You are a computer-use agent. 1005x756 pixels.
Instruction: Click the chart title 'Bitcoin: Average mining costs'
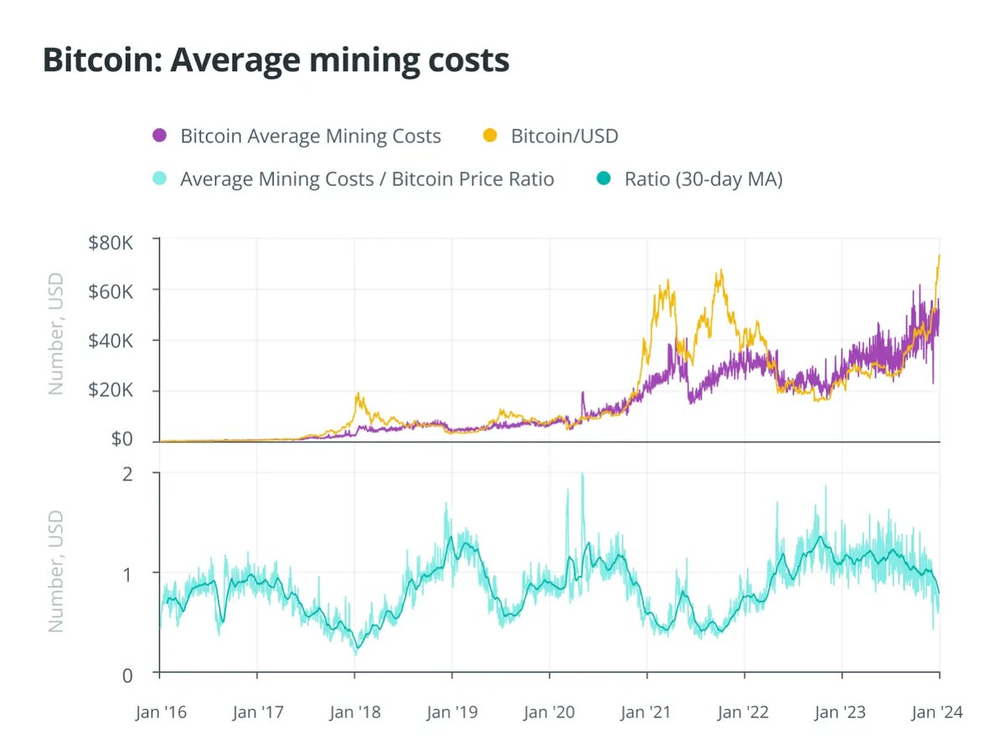pyautogui.click(x=276, y=60)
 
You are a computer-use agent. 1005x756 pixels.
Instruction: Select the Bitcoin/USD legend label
pyautogui.click(x=564, y=136)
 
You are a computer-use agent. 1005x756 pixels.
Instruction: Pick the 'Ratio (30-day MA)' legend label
pyautogui.click(x=703, y=178)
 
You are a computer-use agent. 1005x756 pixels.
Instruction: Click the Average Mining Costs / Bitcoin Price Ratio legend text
pyautogui.click(x=367, y=178)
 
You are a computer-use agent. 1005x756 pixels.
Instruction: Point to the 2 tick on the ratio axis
pyautogui.click(x=128, y=474)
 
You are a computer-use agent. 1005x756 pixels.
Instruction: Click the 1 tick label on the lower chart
pyautogui.click(x=128, y=573)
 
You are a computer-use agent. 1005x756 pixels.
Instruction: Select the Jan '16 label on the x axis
pyautogui.click(x=160, y=712)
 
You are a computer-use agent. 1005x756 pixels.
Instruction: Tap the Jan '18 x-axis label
pyautogui.click(x=354, y=712)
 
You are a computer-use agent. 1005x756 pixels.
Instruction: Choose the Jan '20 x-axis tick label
pyautogui.click(x=549, y=712)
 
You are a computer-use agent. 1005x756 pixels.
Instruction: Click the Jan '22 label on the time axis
pyautogui.click(x=745, y=712)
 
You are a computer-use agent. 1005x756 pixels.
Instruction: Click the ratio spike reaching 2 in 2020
pyautogui.click(x=582, y=476)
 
